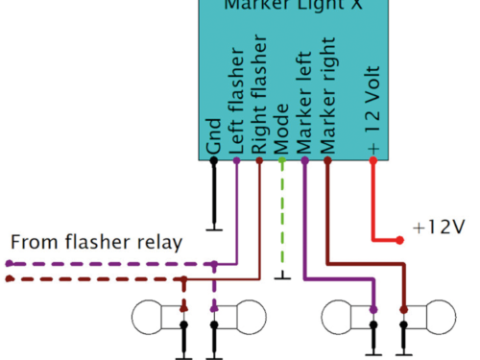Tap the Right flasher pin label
coord(258,96)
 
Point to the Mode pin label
coord(281,129)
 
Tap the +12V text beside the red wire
coord(438,228)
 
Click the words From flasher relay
coord(96,243)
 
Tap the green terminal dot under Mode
coord(282,161)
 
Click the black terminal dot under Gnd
coord(214,161)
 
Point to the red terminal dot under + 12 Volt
coord(373,161)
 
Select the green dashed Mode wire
coord(282,221)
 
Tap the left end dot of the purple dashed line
coord(8,263)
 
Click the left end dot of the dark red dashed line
coord(8,280)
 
